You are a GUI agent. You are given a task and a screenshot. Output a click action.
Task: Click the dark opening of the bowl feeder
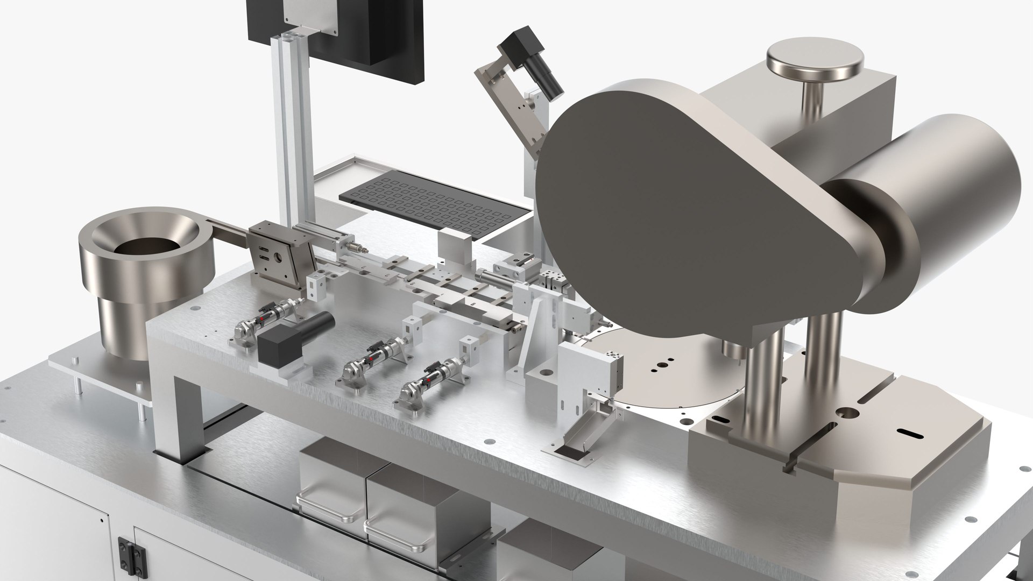[144, 248]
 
